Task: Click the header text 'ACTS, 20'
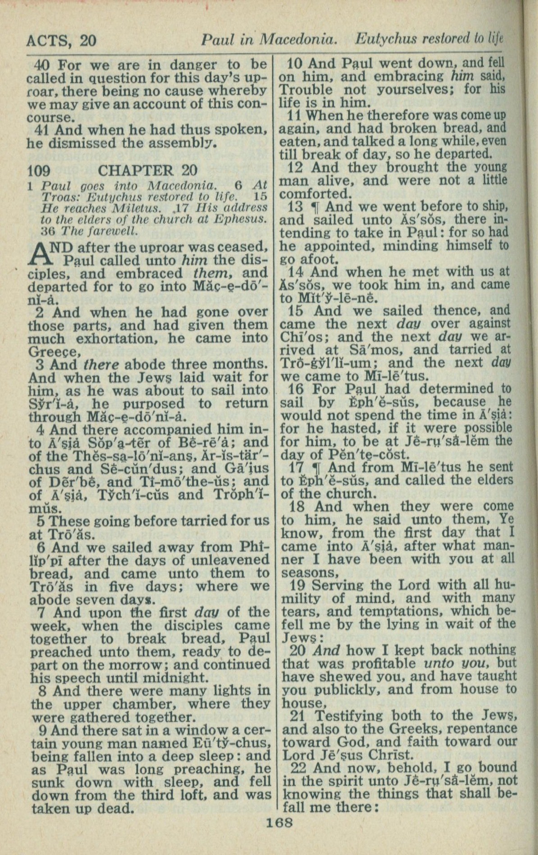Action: click(61, 41)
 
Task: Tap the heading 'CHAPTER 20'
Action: click(147, 171)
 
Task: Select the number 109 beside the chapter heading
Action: click(39, 171)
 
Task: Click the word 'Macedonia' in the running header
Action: click(301, 41)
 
